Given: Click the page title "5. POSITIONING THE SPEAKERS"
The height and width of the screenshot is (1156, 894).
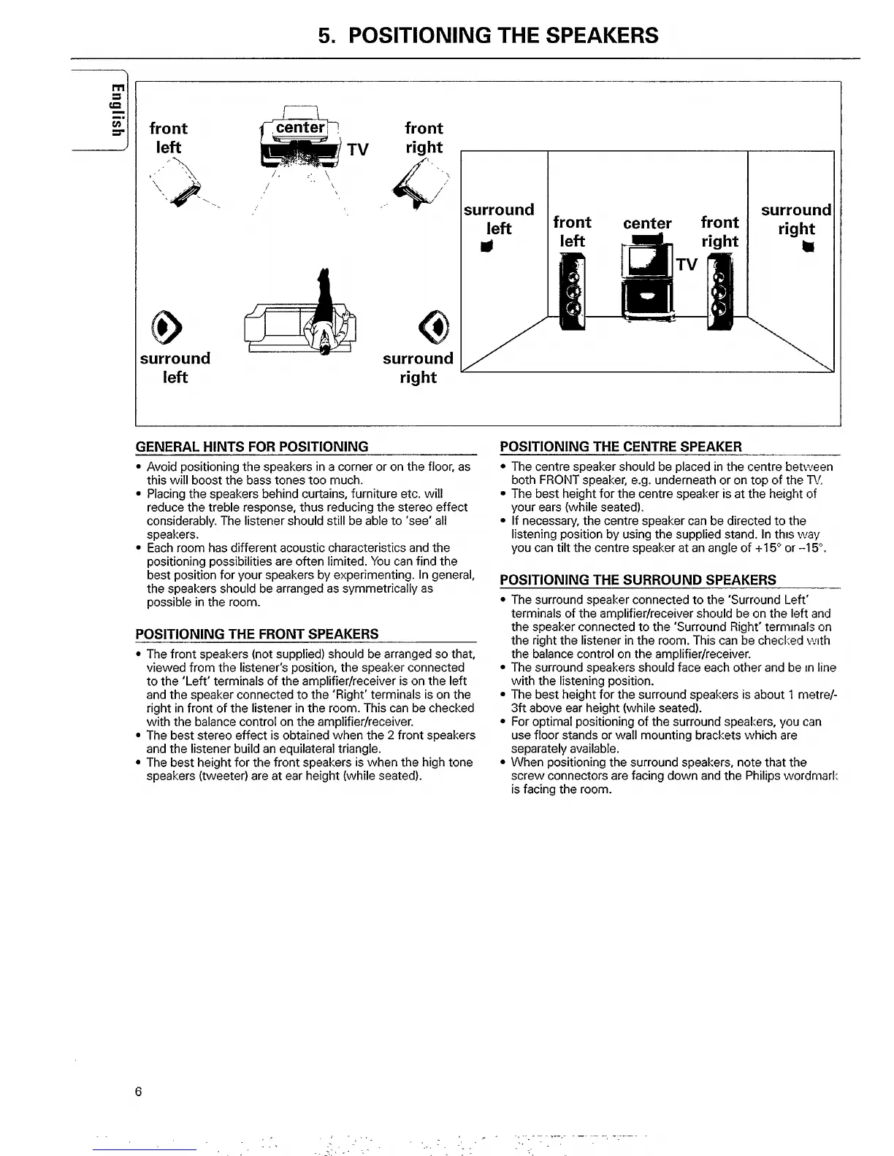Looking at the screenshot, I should click(x=488, y=35).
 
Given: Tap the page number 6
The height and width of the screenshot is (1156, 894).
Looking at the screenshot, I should click(x=138, y=1092).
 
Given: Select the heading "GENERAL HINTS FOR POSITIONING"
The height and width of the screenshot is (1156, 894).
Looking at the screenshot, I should click(x=252, y=447).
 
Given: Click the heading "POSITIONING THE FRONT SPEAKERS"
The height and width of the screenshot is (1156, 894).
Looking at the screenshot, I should click(x=257, y=633).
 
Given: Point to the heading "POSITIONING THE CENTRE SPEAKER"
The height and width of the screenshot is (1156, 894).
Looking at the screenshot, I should click(x=621, y=447).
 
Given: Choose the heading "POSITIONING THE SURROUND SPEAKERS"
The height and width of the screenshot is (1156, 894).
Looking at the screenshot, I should click(x=638, y=580).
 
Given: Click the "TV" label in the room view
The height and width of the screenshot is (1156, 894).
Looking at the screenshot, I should click(x=687, y=264).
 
